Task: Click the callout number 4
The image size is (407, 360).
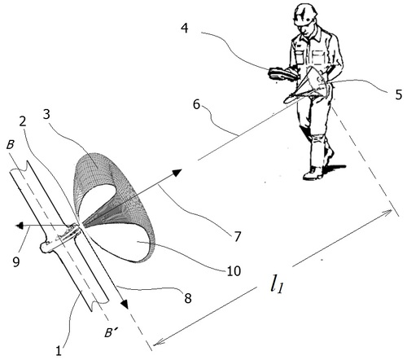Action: (185, 28)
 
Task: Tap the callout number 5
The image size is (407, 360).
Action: (398, 95)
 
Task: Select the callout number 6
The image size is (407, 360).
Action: (197, 104)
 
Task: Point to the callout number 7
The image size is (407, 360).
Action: (238, 236)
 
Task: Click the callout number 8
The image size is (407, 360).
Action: (188, 298)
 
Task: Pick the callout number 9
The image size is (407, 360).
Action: (16, 261)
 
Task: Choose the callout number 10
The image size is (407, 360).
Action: (234, 271)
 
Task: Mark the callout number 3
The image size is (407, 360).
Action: (46, 115)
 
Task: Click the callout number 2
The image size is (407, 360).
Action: (23, 121)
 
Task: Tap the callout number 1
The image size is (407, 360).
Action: (59, 350)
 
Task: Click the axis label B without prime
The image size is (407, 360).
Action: (10, 145)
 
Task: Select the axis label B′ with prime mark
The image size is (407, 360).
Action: (112, 333)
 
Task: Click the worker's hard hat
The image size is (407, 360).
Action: (305, 14)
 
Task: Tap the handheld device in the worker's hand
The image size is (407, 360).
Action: (282, 73)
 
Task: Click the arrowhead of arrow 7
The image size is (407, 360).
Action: (177, 172)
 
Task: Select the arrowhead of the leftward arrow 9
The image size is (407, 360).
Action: (19, 226)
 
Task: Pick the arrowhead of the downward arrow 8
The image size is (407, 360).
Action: (125, 304)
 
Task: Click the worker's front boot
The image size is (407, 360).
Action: (313, 173)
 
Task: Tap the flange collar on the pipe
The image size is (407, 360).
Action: (60, 238)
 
